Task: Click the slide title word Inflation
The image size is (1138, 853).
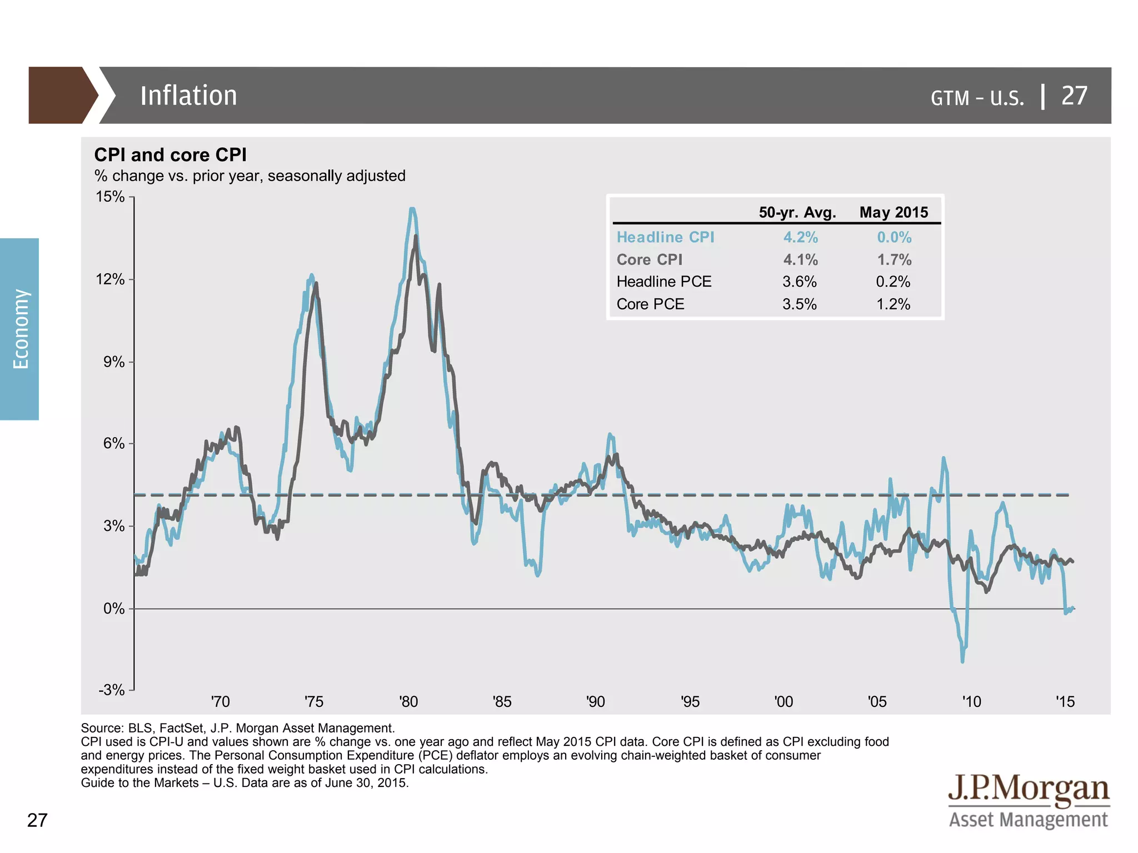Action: pyautogui.click(x=188, y=96)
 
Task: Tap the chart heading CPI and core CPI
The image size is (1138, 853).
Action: pyautogui.click(x=170, y=154)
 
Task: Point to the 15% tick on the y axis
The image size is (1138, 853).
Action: pyautogui.click(x=111, y=197)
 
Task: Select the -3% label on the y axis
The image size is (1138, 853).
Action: pyautogui.click(x=112, y=690)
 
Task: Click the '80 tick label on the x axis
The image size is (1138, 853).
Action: pyautogui.click(x=408, y=701)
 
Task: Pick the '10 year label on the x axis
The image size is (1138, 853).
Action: pyautogui.click(x=972, y=701)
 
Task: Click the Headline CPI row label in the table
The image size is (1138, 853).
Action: pyautogui.click(x=665, y=237)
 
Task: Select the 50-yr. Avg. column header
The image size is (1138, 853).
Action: pyautogui.click(x=797, y=212)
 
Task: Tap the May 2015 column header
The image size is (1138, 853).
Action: pyautogui.click(x=894, y=212)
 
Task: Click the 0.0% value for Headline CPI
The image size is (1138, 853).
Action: pyautogui.click(x=894, y=237)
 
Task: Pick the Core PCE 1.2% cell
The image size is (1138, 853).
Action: pyautogui.click(x=893, y=304)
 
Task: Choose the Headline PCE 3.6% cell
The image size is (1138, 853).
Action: pyautogui.click(x=800, y=282)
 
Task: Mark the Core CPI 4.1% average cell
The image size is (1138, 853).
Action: pyautogui.click(x=800, y=259)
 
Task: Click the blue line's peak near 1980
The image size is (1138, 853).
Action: pyautogui.click(x=412, y=209)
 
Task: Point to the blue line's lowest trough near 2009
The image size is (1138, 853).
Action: pyautogui.click(x=962, y=661)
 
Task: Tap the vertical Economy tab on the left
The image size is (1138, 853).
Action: pyautogui.click(x=20, y=329)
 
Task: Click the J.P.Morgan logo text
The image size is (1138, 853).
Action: pyautogui.click(x=1028, y=789)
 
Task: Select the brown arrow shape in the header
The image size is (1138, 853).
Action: pyautogui.click(x=61, y=96)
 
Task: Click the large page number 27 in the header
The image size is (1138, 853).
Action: pyautogui.click(x=1074, y=96)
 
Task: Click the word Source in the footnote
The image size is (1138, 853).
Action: pyautogui.click(x=102, y=728)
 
